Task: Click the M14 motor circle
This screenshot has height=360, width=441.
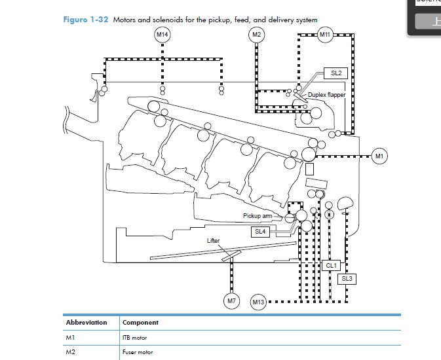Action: click(x=162, y=34)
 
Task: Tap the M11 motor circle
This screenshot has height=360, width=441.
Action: click(x=326, y=34)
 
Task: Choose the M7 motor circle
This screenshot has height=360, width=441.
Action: click(x=231, y=301)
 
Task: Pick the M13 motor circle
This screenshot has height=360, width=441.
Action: click(x=258, y=302)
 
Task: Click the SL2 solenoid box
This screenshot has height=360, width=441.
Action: click(x=336, y=73)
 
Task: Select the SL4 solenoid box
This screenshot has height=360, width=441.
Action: click(x=260, y=231)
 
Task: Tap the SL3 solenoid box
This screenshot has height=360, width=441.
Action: click(x=347, y=279)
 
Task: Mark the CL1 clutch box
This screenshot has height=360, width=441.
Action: click(x=332, y=265)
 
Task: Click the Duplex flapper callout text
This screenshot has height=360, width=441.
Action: click(x=326, y=95)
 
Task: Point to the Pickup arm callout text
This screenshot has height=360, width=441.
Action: click(x=257, y=215)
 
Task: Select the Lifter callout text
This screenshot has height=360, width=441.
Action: click(x=214, y=241)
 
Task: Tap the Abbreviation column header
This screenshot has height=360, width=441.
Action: click(x=86, y=323)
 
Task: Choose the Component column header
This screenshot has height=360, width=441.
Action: click(x=140, y=323)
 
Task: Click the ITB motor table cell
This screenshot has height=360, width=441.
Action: click(x=135, y=338)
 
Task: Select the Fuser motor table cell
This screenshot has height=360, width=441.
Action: click(x=138, y=352)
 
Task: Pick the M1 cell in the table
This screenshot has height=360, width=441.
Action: click(x=71, y=338)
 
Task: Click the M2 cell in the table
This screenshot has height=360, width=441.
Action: click(x=71, y=352)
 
